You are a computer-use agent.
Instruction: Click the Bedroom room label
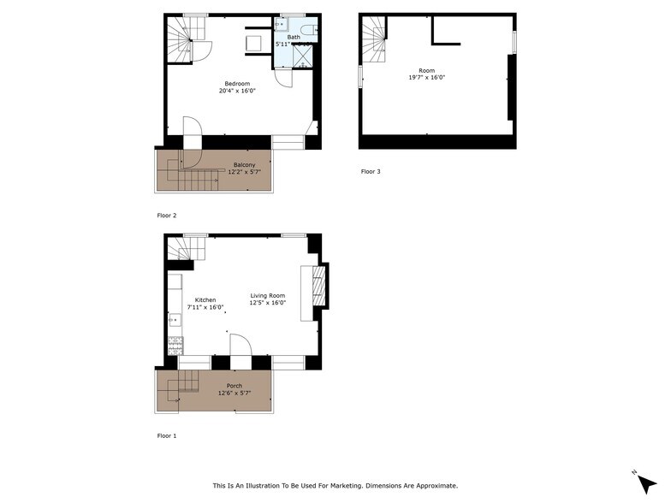pos(237,83)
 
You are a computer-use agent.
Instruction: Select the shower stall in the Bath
pos(304,56)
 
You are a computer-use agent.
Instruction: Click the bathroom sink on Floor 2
pos(280,25)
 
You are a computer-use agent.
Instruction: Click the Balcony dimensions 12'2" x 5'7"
pos(244,172)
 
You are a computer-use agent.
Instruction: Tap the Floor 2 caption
pos(167,216)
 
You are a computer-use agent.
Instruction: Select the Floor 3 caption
pos(370,172)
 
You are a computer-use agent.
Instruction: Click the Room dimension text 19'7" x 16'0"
pos(426,78)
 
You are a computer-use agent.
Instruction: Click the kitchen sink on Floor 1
pos(174,321)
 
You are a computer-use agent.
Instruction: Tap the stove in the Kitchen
pos(175,345)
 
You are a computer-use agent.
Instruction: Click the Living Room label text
pos(267,295)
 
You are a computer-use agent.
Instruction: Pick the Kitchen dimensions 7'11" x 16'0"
pos(205,307)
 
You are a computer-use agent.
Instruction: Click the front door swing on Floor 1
pos(240,344)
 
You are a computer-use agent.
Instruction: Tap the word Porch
pos(235,386)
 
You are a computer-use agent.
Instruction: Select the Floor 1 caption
pos(167,436)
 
